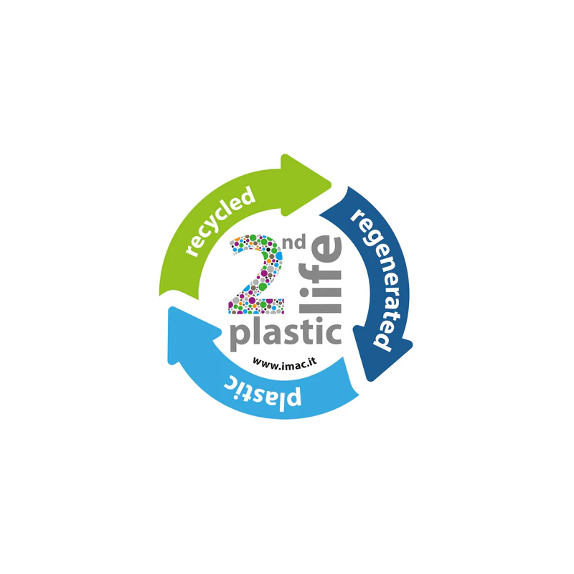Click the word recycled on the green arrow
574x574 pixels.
[220, 221]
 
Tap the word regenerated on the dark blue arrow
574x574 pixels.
[373, 280]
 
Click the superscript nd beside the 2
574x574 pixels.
[296, 244]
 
